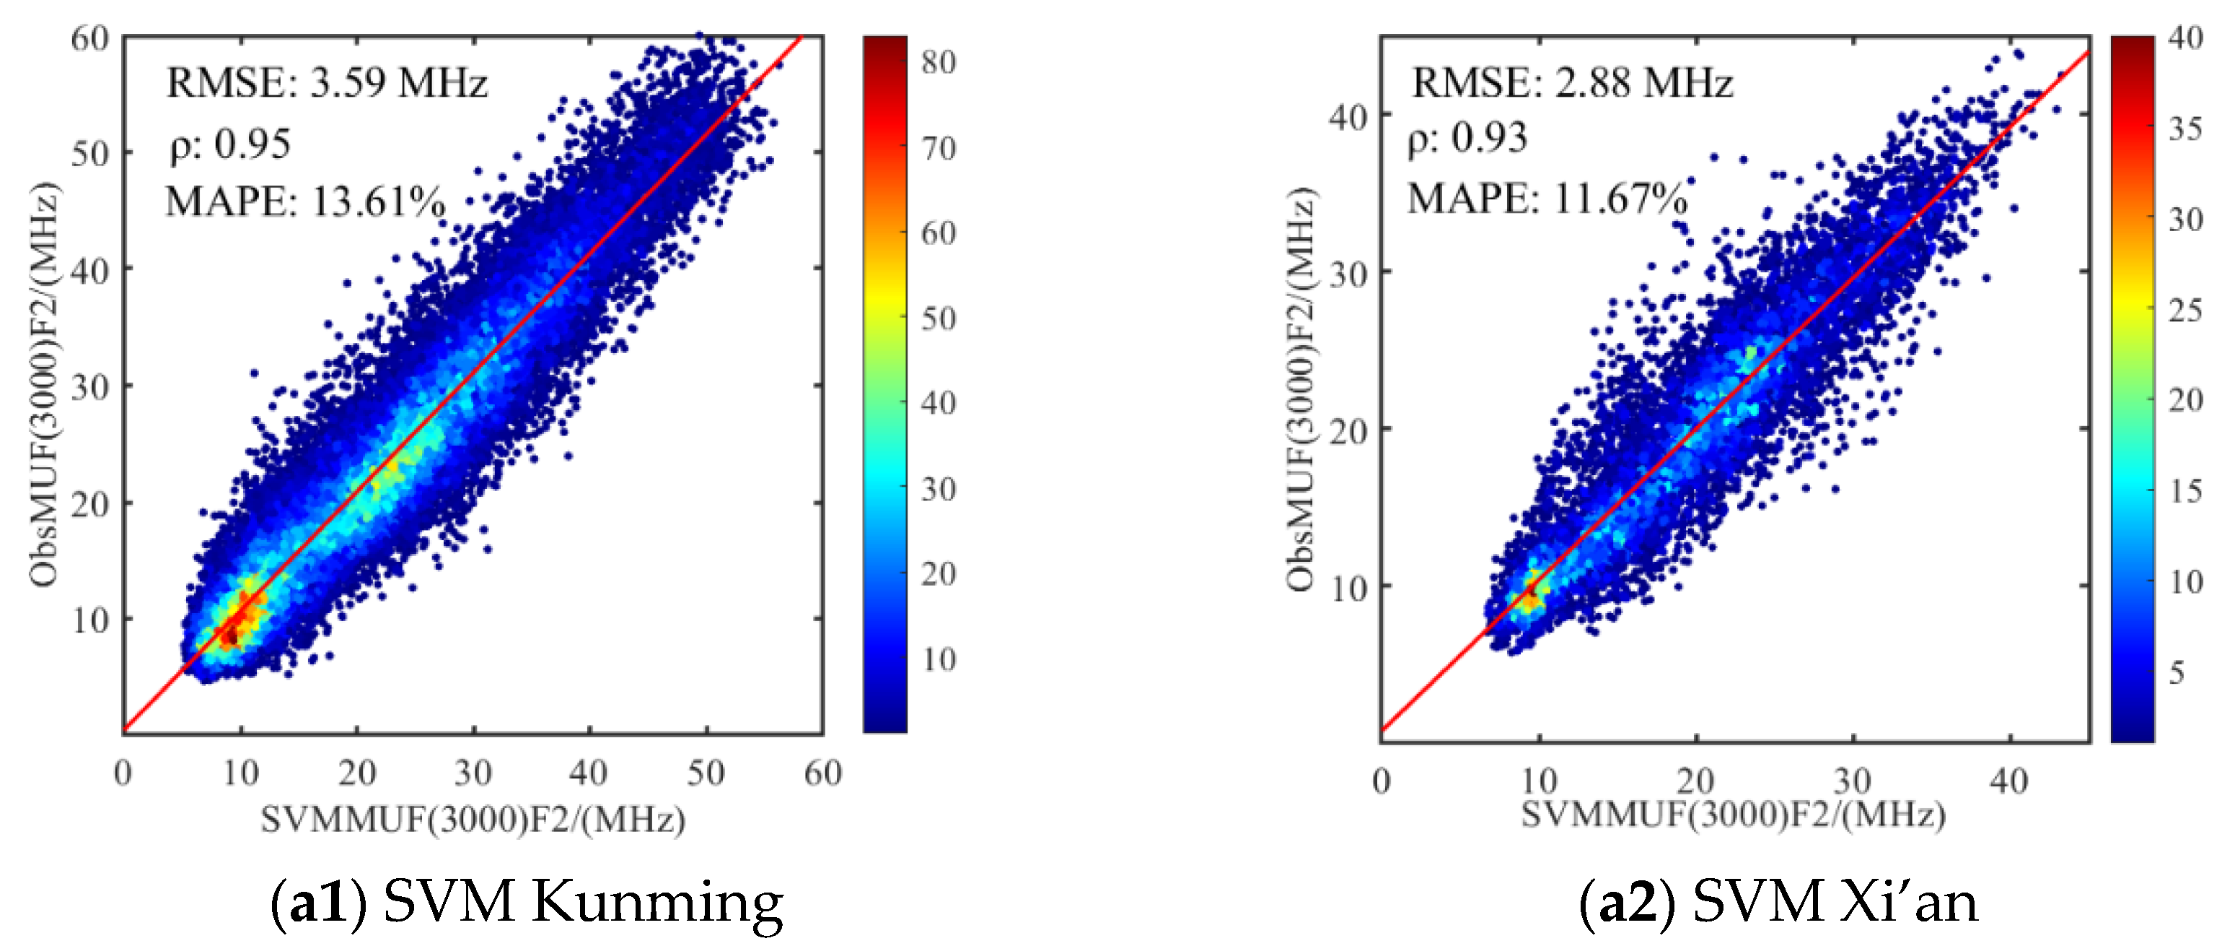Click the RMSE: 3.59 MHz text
point(326,84)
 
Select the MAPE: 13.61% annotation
point(304,203)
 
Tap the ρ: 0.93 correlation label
point(1467,138)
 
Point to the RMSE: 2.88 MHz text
point(1571,84)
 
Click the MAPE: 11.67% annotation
point(1547,199)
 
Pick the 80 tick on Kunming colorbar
point(939,62)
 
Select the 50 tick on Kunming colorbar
point(939,318)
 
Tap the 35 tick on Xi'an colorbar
point(2185,129)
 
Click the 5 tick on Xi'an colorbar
point(2177,672)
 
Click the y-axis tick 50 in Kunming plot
point(89,154)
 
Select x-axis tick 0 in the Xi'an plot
point(1381,781)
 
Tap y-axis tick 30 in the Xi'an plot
point(1348,274)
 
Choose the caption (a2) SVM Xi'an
point(1778,902)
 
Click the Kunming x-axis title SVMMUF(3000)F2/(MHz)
point(473,818)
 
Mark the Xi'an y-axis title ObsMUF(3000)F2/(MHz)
point(1300,390)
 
